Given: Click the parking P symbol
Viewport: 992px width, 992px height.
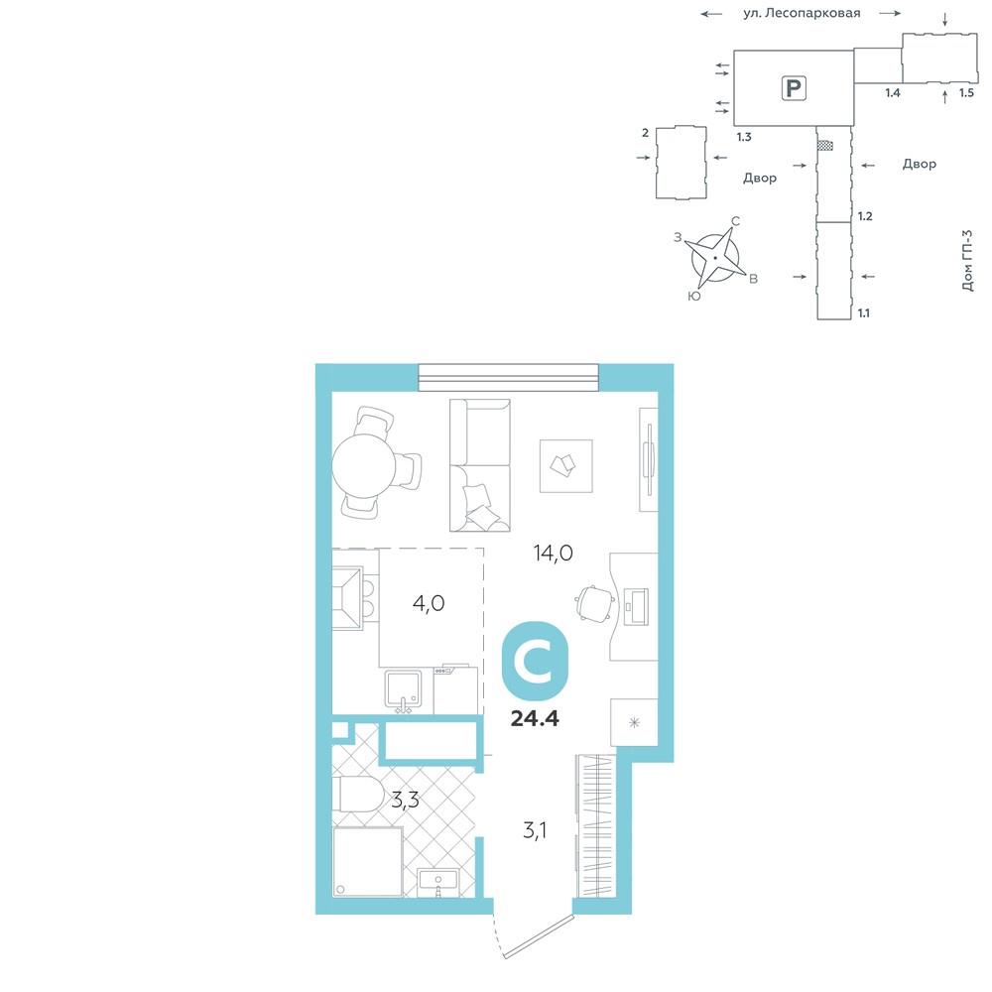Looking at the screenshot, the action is pyautogui.click(x=794, y=87).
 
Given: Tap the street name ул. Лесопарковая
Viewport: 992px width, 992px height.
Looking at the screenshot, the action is pyautogui.click(x=802, y=13).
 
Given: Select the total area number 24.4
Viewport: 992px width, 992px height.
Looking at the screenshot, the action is pyautogui.click(x=535, y=718).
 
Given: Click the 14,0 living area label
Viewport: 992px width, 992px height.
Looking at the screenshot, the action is pyautogui.click(x=553, y=554).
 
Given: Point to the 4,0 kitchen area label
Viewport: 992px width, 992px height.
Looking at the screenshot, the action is pyautogui.click(x=429, y=603).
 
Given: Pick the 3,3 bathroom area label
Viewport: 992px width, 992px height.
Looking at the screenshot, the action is pyautogui.click(x=405, y=801).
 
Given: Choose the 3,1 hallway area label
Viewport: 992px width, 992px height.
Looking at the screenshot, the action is pyautogui.click(x=535, y=830).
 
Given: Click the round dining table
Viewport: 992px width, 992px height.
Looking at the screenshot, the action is pyautogui.click(x=364, y=467).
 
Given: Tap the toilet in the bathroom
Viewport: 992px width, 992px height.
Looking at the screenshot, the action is pyautogui.click(x=356, y=794).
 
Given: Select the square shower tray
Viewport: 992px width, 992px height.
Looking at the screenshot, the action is pyautogui.click(x=368, y=862).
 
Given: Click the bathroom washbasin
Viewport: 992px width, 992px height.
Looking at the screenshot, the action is pyautogui.click(x=437, y=881).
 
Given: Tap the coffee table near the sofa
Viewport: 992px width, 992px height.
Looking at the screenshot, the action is pyautogui.click(x=565, y=466).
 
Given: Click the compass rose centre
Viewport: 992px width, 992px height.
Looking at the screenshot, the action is pyautogui.click(x=715, y=258).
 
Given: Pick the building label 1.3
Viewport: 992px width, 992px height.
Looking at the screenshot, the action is pyautogui.click(x=744, y=137).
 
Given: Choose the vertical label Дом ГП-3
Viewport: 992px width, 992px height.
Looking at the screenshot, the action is pyautogui.click(x=967, y=260).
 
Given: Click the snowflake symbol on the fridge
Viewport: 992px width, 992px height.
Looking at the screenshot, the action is pyautogui.click(x=634, y=722).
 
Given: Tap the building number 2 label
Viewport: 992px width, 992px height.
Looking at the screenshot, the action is pyautogui.click(x=646, y=133).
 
